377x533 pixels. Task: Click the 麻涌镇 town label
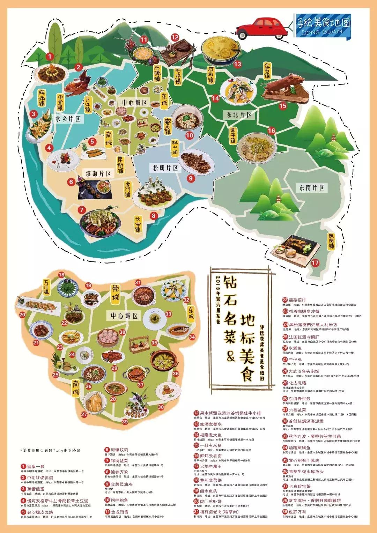tap(42, 98)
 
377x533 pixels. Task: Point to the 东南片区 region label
tap(312, 188)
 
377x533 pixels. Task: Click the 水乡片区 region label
tap(68, 119)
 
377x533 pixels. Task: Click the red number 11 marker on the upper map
tap(144, 39)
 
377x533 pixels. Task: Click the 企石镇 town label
tap(267, 71)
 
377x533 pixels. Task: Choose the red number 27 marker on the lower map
tap(84, 414)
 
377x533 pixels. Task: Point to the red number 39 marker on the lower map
tap(125, 422)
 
